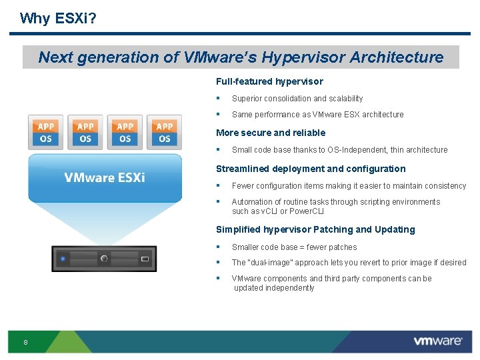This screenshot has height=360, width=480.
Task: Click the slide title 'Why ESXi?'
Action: [58, 18]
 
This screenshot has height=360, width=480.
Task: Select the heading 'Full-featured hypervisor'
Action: [269, 81]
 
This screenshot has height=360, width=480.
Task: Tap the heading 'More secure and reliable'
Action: [271, 133]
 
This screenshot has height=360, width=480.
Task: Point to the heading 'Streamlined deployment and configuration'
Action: [311, 169]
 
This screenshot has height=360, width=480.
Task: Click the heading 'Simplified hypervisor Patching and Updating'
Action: [315, 229]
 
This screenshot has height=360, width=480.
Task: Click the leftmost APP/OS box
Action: [46, 132]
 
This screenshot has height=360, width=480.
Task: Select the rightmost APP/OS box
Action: [165, 132]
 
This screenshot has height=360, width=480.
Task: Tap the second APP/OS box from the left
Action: [85, 132]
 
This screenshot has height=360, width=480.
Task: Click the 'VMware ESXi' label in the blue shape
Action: [105, 177]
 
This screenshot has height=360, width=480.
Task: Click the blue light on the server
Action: [63, 258]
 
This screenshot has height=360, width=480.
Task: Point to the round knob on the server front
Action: [104, 258]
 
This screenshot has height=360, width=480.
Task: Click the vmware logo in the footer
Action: [437, 341]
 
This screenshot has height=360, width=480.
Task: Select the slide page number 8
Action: [25, 343]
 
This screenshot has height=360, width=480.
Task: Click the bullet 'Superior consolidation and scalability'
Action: [297, 99]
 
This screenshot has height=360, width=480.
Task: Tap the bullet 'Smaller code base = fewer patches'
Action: [294, 247]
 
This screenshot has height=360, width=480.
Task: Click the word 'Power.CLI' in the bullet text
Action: [306, 211]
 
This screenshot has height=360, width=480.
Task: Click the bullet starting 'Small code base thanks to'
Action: [339, 150]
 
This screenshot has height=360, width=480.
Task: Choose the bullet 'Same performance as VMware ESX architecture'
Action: [317, 115]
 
